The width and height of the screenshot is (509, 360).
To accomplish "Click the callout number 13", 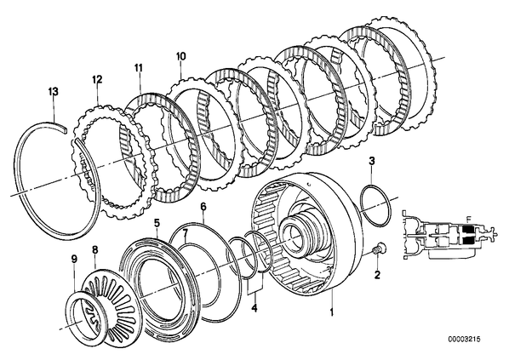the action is [x=54, y=92].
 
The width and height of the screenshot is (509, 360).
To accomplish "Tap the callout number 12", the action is [x=97, y=79].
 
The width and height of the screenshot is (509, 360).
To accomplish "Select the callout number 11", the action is [x=139, y=68].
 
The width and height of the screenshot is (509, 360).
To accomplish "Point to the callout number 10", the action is [x=180, y=56].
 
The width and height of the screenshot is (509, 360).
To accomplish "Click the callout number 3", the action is [x=372, y=161].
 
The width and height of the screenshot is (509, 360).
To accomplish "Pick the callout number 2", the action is [x=377, y=275].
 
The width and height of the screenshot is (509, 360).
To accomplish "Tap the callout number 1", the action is [x=331, y=312].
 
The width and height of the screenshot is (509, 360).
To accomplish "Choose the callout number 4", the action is [x=254, y=308].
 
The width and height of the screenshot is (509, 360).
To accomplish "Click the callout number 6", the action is [x=203, y=206].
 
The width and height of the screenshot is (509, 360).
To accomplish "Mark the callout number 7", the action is [x=185, y=232].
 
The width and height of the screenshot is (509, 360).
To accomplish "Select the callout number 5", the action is [x=157, y=223].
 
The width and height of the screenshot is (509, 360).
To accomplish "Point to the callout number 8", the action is [x=94, y=250].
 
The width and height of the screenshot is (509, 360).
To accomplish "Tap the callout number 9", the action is [x=74, y=259].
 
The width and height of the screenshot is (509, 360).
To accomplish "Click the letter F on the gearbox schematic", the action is [x=468, y=219].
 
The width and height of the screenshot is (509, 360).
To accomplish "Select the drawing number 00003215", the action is [x=464, y=340].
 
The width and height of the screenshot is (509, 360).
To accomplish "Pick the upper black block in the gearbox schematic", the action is [x=468, y=230].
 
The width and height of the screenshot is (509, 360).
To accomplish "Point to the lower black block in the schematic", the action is [x=468, y=241].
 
